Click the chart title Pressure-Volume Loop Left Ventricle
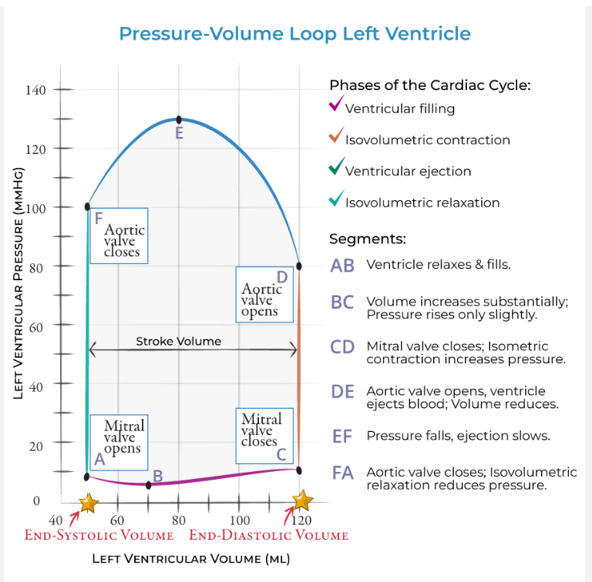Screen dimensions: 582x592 point(294,34)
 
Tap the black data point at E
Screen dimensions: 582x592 point(179,119)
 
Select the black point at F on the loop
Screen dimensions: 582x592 point(88,206)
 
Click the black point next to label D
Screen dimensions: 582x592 point(299,266)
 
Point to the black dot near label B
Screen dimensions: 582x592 point(148,485)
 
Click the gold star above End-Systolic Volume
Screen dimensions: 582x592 point(89,503)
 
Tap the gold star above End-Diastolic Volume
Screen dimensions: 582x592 point(302,500)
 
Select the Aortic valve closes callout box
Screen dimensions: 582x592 point(119,236)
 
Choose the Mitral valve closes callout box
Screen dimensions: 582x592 point(264,435)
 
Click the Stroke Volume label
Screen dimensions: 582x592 point(178,341)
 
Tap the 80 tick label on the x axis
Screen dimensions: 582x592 point(179,520)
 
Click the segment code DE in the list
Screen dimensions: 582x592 point(342,392)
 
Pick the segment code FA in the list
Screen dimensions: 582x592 point(342,473)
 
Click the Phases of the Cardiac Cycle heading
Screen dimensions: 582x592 point(429,85)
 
